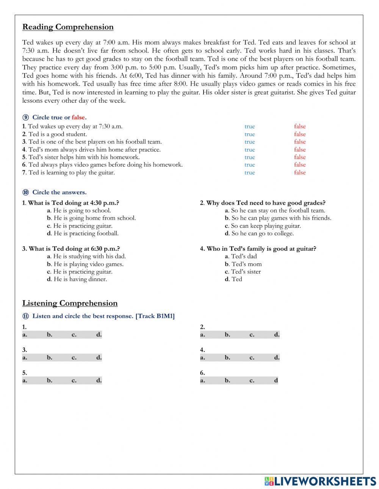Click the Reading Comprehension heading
pyautogui.click(x=68, y=27)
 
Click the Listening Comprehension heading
pyautogui.click(x=70, y=303)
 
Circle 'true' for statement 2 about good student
pyautogui.click(x=250, y=134)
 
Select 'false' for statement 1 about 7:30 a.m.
pyautogui.click(x=300, y=127)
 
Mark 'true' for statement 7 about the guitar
pyautogui.click(x=250, y=172)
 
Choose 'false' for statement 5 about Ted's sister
pyautogui.click(x=300, y=157)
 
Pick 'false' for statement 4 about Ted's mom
pyautogui.click(x=300, y=150)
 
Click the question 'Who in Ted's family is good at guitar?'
pyautogui.click(x=258, y=248)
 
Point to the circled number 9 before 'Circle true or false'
pyautogui.click(x=26, y=117)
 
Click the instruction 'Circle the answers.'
pyautogui.click(x=60, y=192)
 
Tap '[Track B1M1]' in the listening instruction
pyautogui.click(x=155, y=316)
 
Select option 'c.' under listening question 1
pyautogui.click(x=74, y=334)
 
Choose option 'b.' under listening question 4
pyautogui.click(x=227, y=357)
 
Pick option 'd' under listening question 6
pyautogui.click(x=276, y=380)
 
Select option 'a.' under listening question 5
pyautogui.click(x=25, y=380)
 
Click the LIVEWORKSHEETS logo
pyautogui.click(x=320, y=481)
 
